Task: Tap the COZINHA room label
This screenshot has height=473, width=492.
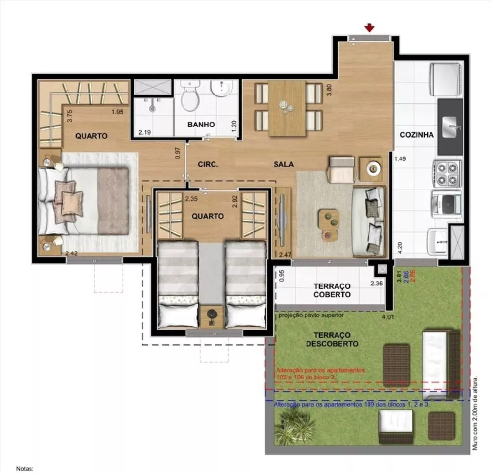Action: [416, 135]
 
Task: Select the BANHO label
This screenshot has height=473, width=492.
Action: [201, 125]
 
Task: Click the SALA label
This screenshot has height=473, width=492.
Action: [284, 165]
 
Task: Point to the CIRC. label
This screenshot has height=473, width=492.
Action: [208, 165]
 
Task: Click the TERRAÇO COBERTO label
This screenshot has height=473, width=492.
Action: [332, 290]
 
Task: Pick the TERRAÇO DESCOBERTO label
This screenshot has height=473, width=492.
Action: [332, 339]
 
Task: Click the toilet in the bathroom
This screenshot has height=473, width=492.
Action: [189, 96]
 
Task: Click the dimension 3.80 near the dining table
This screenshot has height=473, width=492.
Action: [329, 90]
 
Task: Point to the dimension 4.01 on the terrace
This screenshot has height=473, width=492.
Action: [387, 317]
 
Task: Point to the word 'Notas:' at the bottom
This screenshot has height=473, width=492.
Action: [25, 469]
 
